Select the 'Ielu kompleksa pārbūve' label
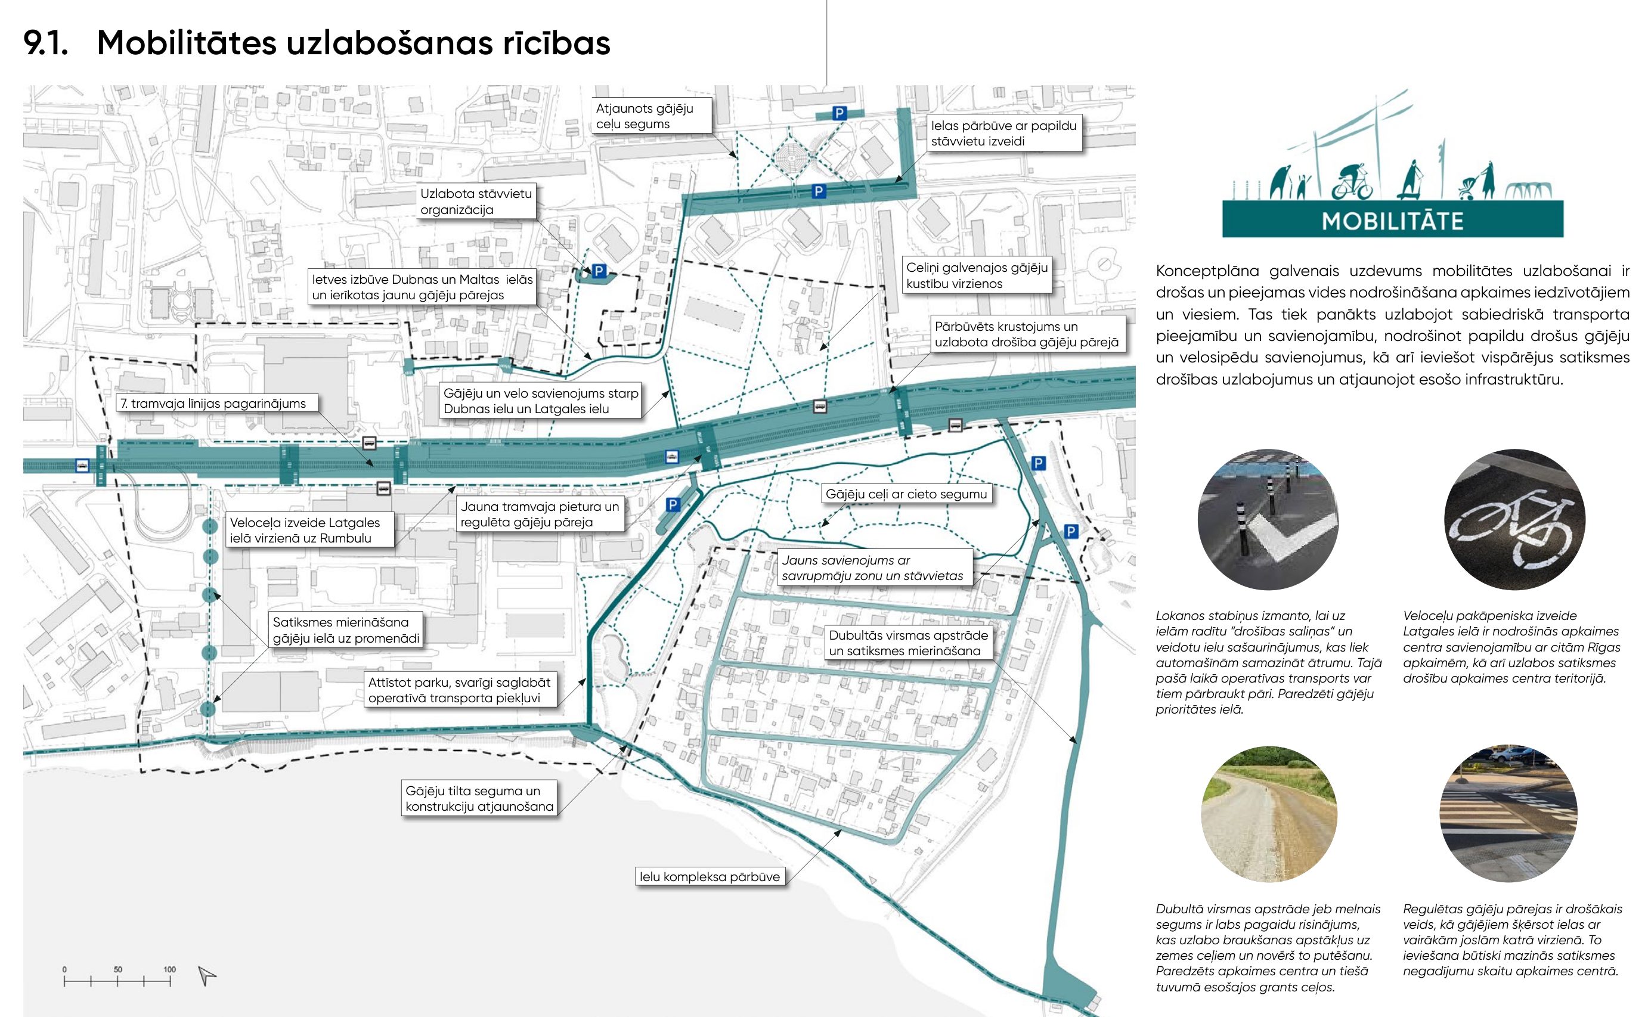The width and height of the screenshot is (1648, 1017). tap(710, 876)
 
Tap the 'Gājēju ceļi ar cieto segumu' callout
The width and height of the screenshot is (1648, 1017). tap(906, 494)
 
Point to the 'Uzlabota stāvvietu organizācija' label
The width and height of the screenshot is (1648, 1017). tap(476, 201)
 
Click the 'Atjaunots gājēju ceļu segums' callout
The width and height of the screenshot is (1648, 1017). tap(650, 116)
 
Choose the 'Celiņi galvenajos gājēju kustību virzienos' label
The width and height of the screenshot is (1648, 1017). tap(977, 275)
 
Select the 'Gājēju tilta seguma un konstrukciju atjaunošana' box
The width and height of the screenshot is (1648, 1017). tap(479, 798)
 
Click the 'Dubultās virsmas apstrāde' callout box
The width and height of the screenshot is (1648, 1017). tap(908, 643)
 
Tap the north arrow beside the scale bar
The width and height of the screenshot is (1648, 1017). tap(207, 976)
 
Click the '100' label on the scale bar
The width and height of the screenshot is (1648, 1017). tap(169, 969)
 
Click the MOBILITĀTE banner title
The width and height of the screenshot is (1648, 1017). tap(1392, 221)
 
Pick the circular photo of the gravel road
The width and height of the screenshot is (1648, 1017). tap(1269, 814)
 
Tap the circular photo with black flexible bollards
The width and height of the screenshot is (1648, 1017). tap(1268, 520)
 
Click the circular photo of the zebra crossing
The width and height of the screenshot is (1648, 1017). tap(1508, 813)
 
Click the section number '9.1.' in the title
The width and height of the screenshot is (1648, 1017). tap(46, 43)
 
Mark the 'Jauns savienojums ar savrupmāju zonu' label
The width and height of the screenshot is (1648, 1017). tap(872, 568)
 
